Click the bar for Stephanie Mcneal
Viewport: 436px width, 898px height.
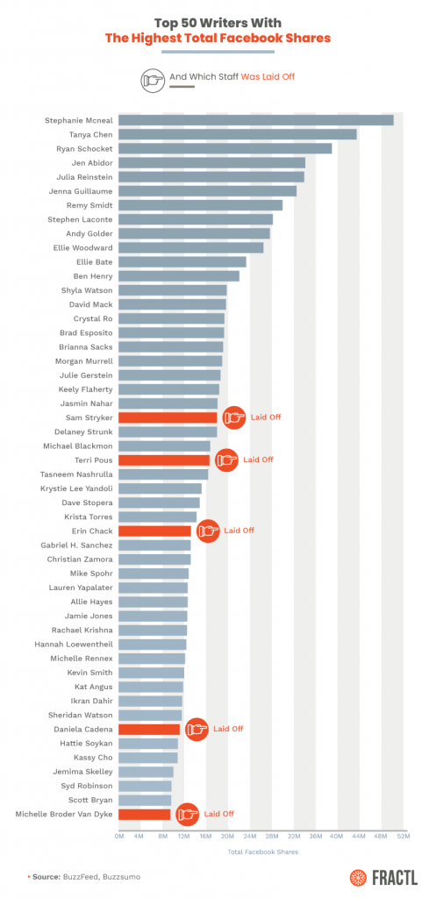tap(255, 120)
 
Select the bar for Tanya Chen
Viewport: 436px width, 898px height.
tap(237, 134)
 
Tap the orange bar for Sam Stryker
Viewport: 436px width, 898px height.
tap(168, 417)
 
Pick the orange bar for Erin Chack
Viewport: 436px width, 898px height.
tap(154, 531)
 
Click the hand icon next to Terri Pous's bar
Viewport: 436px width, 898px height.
tap(226, 460)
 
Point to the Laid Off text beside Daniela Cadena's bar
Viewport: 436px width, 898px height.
tap(228, 729)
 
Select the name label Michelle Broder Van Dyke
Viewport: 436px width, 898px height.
tap(64, 814)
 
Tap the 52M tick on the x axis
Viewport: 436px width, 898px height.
tap(403, 837)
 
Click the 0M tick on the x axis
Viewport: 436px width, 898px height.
tap(119, 837)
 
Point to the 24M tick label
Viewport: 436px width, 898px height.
tap(250, 837)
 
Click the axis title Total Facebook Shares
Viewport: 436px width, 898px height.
tap(262, 852)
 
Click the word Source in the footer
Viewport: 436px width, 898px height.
tap(47, 876)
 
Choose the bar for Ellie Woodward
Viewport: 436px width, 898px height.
tap(190, 247)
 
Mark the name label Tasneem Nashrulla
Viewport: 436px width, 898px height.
tap(75, 474)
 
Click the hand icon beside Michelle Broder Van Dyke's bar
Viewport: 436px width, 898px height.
tap(187, 814)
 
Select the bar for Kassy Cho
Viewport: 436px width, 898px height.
tap(147, 757)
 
